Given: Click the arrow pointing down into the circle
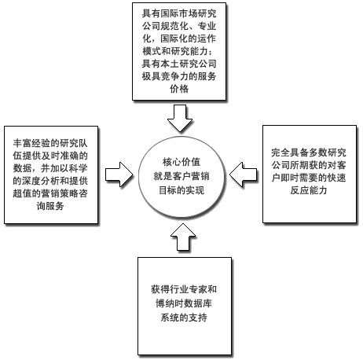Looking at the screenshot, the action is pyautogui.click(x=180, y=118).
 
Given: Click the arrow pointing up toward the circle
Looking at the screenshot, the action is pyautogui.click(x=183, y=237).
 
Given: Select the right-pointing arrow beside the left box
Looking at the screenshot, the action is pyautogui.click(x=119, y=174).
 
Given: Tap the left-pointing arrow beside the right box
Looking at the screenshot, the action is pyautogui.click(x=243, y=174).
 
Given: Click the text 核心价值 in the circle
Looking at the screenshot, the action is pyautogui.click(x=181, y=162).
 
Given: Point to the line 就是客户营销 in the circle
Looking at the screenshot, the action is pyautogui.click(x=181, y=176).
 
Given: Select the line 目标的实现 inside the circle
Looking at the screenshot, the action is pyautogui.click(x=181, y=190).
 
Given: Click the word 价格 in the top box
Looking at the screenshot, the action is pyautogui.click(x=179, y=89).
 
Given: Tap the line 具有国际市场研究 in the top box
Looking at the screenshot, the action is pyautogui.click(x=179, y=13).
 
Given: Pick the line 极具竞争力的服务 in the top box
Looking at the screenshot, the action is pyautogui.click(x=179, y=76).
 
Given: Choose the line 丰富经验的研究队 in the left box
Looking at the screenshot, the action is pyautogui.click(x=50, y=143).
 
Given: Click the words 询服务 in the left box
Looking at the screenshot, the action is pyautogui.click(x=50, y=206).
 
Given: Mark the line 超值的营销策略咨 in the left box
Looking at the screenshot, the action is pyautogui.click(x=50, y=193).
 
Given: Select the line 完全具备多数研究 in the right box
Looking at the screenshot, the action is pyautogui.click(x=309, y=152).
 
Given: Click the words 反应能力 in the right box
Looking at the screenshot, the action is pyautogui.click(x=309, y=190).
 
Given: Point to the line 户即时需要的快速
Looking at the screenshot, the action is pyautogui.click(x=309, y=178).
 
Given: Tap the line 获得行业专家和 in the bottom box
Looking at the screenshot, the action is pyautogui.click(x=184, y=289).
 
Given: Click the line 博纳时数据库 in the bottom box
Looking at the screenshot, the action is pyautogui.click(x=184, y=303).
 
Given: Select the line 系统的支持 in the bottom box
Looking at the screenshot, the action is pyautogui.click(x=184, y=318).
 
